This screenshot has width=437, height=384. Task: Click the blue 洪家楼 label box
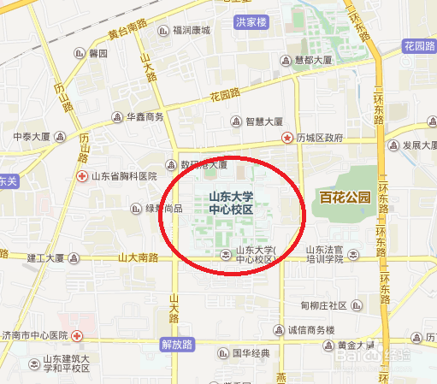[251, 21]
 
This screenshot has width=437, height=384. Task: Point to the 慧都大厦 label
[312, 61]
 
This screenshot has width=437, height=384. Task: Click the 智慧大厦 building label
[263, 121]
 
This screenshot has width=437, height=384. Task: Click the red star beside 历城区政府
[288, 137]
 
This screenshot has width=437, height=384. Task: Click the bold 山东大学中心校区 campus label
[231, 203]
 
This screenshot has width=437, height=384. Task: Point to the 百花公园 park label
[343, 198]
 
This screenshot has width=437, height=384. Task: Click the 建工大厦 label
[46, 257]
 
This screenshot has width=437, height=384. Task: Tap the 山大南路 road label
[138, 257]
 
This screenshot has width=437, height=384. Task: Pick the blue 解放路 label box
[178, 344]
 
